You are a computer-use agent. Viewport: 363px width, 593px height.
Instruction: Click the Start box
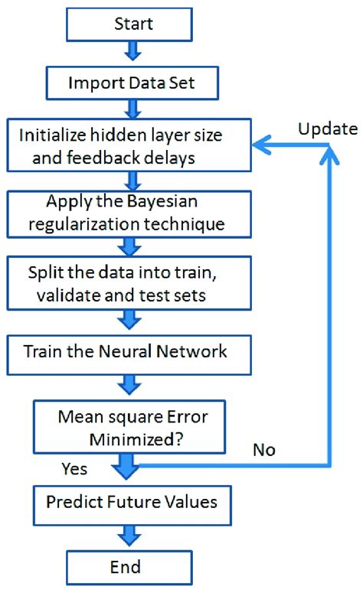(134, 24)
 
